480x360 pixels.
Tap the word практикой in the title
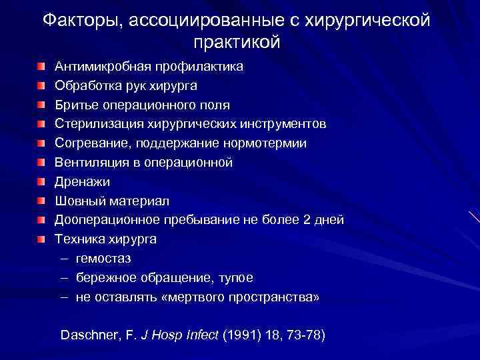[237, 43]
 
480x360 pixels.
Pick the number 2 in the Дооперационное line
[306, 219]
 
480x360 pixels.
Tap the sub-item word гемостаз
[103, 258]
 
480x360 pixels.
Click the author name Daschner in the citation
[89, 335]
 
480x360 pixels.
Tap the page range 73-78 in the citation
[303, 335]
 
